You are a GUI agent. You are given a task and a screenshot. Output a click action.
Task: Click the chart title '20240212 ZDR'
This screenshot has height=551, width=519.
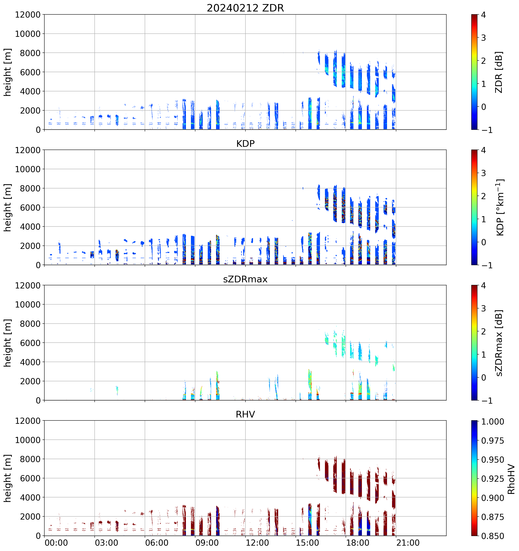pyautogui.click(x=245, y=8)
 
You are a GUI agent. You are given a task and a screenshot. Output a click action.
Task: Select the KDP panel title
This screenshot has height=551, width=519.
pyautogui.click(x=245, y=143)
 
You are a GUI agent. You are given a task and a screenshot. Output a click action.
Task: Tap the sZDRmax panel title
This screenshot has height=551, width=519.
pyautogui.click(x=245, y=279)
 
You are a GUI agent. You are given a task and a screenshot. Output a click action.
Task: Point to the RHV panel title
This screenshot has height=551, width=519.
pyautogui.click(x=245, y=414)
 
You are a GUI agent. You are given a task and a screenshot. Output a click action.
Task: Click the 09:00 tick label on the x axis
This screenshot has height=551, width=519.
pyautogui.click(x=207, y=543)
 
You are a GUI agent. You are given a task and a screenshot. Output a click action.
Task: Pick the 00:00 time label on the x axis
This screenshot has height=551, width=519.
pyautogui.click(x=56, y=543)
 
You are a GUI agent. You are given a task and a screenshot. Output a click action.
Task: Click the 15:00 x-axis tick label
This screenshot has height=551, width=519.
pyautogui.click(x=307, y=543)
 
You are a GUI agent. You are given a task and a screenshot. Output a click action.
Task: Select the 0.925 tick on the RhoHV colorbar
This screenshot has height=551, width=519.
pyautogui.click(x=492, y=479)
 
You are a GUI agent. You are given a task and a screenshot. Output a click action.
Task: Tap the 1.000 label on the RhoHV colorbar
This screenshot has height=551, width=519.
pyautogui.click(x=492, y=422)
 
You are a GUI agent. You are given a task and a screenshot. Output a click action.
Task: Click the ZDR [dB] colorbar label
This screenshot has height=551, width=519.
pyautogui.click(x=499, y=72)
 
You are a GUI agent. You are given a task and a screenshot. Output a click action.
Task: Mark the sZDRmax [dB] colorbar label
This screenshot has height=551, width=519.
pyautogui.click(x=499, y=343)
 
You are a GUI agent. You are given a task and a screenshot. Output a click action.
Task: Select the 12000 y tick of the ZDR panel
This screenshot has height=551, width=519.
pyautogui.click(x=28, y=15)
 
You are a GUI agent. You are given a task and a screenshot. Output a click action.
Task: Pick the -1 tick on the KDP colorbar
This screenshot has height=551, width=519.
pyautogui.click(x=485, y=265)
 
